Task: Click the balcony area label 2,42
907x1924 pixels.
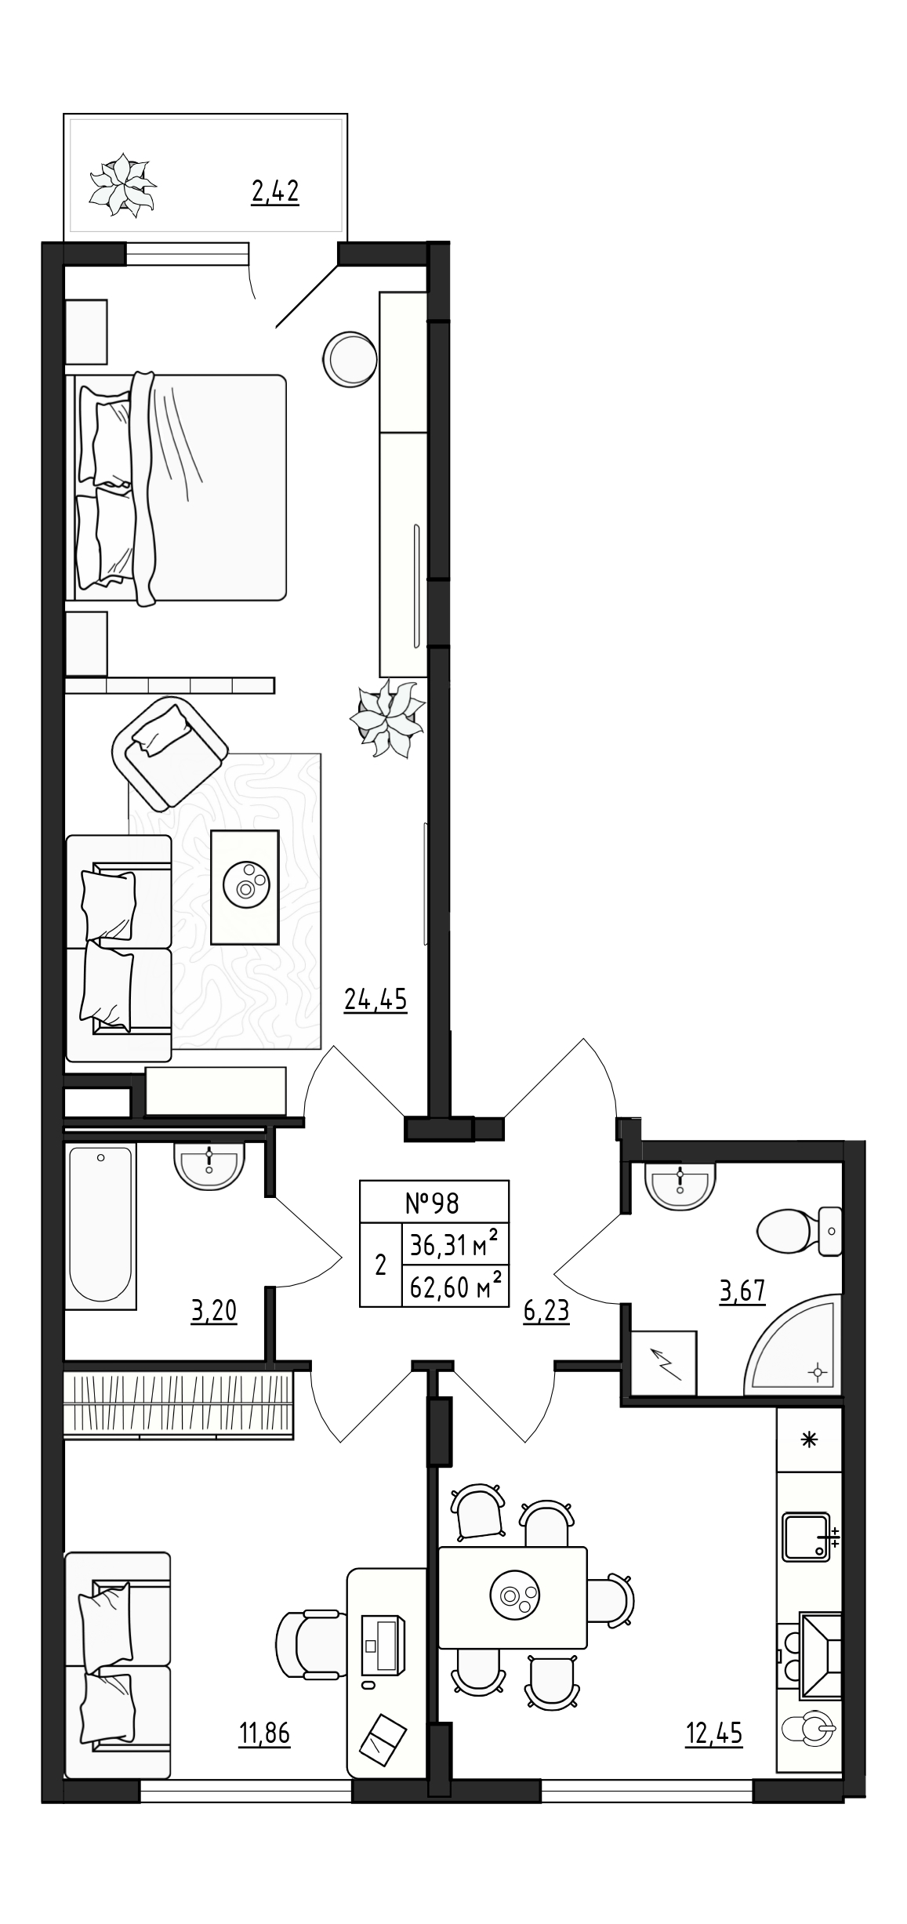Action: coord(275,191)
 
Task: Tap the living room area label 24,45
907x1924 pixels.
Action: coord(375,1000)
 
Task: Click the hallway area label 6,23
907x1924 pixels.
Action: coord(546,1312)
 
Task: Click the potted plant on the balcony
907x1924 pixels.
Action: coord(122,185)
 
